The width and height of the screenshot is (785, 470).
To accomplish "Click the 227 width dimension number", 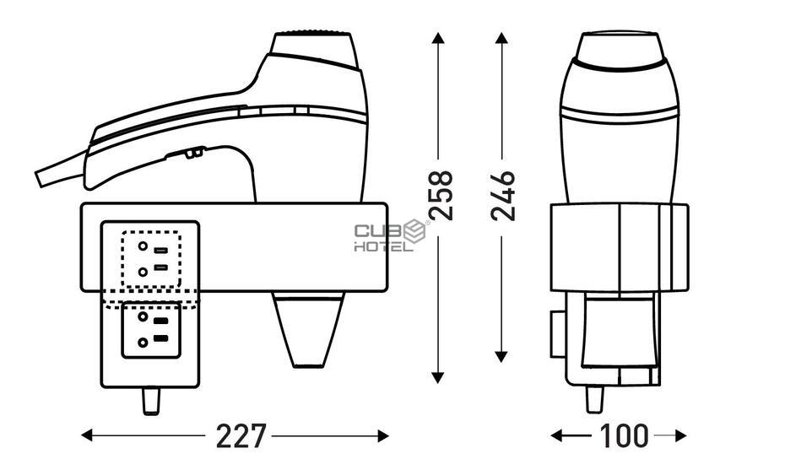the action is (241, 436).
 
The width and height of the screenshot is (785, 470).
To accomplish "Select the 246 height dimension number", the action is (503, 196).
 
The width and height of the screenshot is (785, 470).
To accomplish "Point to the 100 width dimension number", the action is (623, 436).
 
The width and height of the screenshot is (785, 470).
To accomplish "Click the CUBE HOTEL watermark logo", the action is (391, 235).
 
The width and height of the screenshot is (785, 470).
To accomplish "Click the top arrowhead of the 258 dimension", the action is (438, 38).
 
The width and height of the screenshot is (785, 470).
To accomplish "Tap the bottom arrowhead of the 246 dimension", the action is (501, 356).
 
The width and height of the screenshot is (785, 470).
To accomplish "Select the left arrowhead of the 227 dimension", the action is (87, 435).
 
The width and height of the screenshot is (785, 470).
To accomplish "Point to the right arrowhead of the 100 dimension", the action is (680, 435).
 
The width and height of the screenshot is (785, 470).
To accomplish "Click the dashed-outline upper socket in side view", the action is (151, 259).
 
